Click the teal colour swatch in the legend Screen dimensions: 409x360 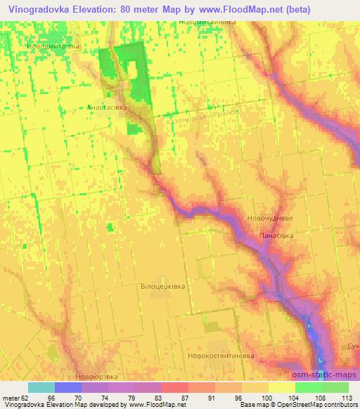click(x=41, y=387)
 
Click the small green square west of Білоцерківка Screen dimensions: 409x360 click(x=110, y=226)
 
